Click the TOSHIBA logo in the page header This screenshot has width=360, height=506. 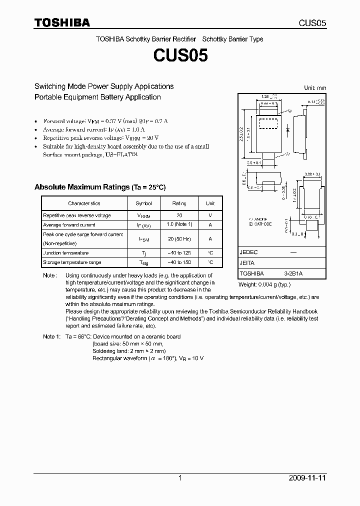click(x=62, y=22)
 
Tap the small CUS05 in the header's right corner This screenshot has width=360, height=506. click(x=313, y=23)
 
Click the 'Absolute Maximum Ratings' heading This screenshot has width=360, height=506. click(x=99, y=187)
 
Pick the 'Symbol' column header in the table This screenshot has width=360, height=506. click(x=144, y=203)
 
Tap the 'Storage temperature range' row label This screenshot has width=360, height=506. click(x=72, y=262)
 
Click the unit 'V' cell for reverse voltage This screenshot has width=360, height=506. click(x=210, y=215)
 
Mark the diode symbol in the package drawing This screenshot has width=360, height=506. click(x=288, y=129)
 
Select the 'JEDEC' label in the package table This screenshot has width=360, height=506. click(x=249, y=253)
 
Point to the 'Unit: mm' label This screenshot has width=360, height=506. click(x=315, y=87)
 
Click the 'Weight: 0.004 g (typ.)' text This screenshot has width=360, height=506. click(x=264, y=284)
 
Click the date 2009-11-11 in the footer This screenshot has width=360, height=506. click(x=308, y=478)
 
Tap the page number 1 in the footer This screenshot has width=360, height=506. click(x=180, y=478)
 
